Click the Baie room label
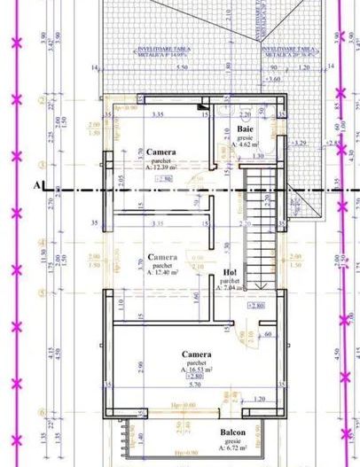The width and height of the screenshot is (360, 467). [245, 130]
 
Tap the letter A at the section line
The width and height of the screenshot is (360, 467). [37, 186]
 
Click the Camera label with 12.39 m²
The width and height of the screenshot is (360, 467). [160, 151]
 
